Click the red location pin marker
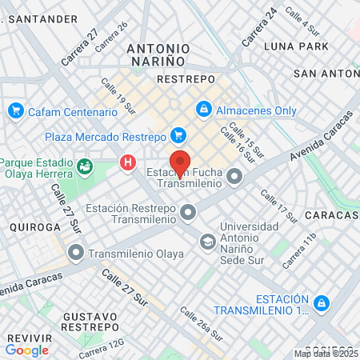click(x=180, y=162)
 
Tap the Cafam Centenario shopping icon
click(x=14, y=110)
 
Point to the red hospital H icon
click(x=127, y=163)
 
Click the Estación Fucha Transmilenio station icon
click(x=234, y=176)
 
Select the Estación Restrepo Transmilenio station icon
click(x=188, y=212)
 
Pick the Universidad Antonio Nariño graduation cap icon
click(x=208, y=240)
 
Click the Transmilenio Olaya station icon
click(x=77, y=254)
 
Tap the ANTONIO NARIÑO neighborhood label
click(x=156, y=54)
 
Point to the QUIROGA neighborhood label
click(x=30, y=227)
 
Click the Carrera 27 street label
click(x=82, y=48)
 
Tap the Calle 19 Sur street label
click(x=114, y=94)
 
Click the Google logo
click(x=26, y=350)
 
